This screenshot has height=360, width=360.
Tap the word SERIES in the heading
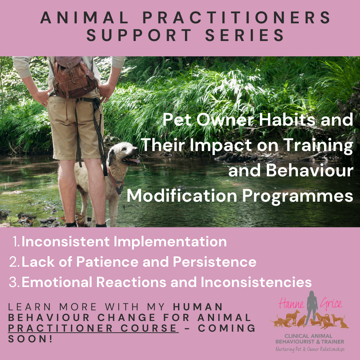point(245,36)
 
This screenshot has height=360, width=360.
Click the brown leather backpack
point(74,77)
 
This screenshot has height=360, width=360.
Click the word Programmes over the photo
point(297,196)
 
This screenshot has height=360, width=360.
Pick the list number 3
point(15,282)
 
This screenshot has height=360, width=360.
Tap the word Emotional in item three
point(56,282)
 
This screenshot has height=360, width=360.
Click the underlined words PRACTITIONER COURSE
point(93,328)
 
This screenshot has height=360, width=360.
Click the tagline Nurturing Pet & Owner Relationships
point(310,349)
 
